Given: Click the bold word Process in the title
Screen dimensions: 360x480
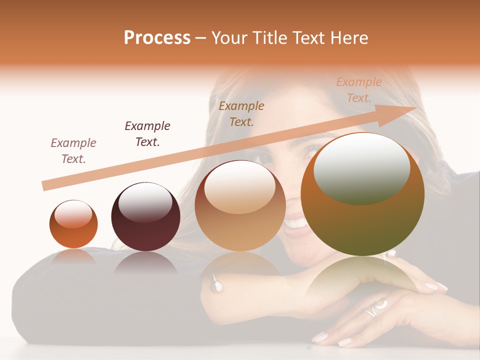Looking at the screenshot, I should click(157, 38).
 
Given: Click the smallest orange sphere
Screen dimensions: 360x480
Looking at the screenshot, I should click(73, 224).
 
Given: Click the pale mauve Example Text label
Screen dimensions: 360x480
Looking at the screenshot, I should click(73, 151).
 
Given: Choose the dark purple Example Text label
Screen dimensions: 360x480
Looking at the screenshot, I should click(147, 134).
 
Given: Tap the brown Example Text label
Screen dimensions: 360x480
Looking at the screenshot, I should click(241, 114).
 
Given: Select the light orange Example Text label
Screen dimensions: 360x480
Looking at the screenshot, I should click(359, 90).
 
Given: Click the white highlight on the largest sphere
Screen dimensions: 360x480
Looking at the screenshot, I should click(361, 168).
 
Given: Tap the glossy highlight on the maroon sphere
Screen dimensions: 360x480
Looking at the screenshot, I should click(146, 202).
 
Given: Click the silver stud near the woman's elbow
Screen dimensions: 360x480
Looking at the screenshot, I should click(216, 285).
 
